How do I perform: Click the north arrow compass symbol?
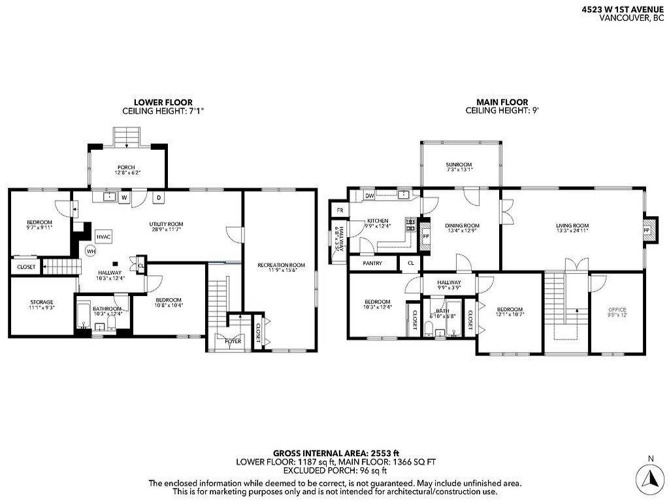(x=649, y=478)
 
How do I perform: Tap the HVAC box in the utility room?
(x=103, y=236)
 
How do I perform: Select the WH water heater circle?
(x=91, y=251)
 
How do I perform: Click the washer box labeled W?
(x=123, y=197)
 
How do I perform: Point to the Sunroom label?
(x=459, y=165)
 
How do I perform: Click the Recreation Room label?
(x=281, y=265)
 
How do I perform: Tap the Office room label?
(x=617, y=309)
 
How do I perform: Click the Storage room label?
(x=41, y=302)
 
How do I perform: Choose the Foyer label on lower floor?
(x=233, y=341)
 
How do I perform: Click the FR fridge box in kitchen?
(x=340, y=210)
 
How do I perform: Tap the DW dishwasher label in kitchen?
(x=369, y=195)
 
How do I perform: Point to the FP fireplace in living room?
(x=647, y=230)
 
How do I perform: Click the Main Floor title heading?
(x=502, y=102)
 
